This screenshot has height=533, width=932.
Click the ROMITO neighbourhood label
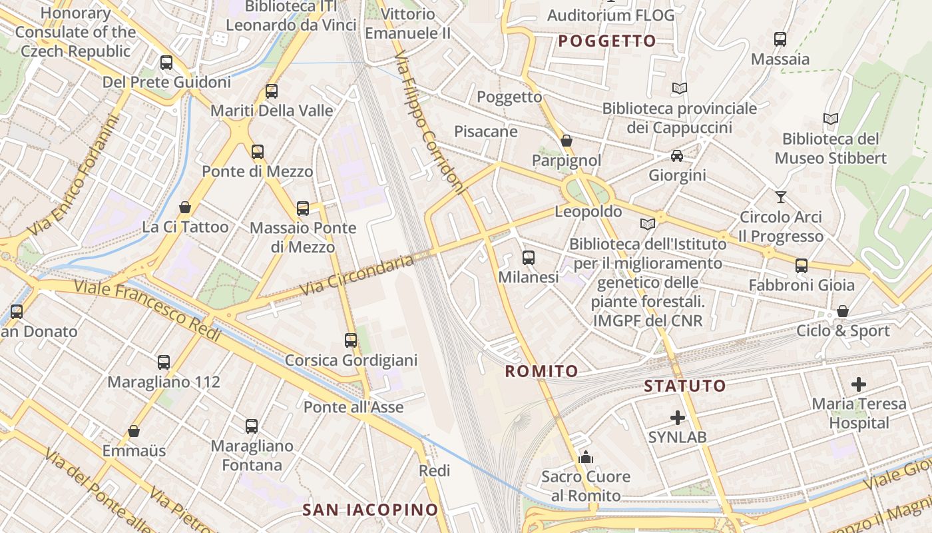(541, 371)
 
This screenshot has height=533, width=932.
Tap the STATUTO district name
(685, 386)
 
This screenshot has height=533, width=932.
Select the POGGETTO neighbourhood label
(607, 41)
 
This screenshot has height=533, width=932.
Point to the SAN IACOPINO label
(371, 510)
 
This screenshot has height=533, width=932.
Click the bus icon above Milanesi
(529, 258)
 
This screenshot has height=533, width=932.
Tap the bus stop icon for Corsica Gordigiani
(351, 340)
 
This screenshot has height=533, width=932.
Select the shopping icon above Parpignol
(567, 141)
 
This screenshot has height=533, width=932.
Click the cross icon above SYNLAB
(678, 418)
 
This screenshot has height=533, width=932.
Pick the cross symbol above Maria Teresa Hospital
(859, 384)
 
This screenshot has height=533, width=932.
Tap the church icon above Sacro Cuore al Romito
(586, 457)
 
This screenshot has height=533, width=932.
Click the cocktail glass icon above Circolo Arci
(781, 197)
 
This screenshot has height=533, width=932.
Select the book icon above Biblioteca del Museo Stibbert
(830, 119)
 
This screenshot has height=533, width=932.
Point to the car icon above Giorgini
(677, 156)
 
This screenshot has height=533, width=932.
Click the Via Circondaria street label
(357, 275)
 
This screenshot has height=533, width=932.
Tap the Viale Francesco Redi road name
(147, 310)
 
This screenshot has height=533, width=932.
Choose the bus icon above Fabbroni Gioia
(802, 266)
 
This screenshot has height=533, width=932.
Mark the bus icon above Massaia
(780, 39)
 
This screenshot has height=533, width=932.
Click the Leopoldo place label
(588, 212)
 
